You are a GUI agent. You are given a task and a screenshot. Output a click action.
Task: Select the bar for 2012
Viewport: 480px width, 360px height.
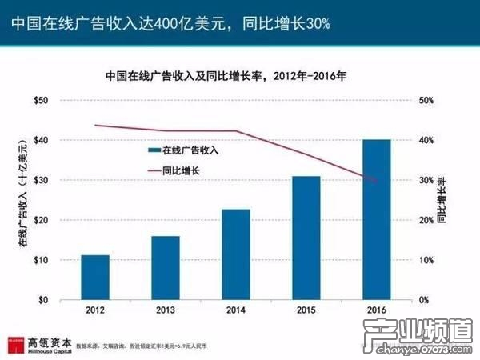95,278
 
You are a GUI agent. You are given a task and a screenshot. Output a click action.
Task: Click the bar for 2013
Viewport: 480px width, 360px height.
166,268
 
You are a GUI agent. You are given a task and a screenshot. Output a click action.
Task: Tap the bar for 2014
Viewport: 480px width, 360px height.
235,254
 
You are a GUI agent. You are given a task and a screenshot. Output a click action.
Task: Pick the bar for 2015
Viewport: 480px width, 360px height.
306,238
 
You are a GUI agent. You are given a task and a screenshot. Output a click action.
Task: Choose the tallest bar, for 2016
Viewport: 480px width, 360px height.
376,220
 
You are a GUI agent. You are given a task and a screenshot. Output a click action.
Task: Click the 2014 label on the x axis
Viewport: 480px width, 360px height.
235,310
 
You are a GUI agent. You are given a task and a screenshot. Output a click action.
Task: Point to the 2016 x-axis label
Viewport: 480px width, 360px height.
376,310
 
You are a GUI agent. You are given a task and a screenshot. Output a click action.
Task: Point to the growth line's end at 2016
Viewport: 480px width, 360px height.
376,182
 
